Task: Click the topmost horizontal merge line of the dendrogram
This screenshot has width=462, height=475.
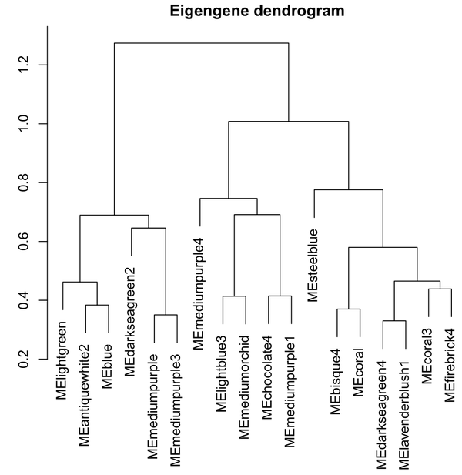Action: tap(201, 43)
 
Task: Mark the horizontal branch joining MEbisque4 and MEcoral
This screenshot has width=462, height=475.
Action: tap(348, 309)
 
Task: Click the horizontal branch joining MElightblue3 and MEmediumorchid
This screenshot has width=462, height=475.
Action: tap(234, 296)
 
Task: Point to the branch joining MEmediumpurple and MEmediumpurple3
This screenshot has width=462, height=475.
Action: tap(166, 315)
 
